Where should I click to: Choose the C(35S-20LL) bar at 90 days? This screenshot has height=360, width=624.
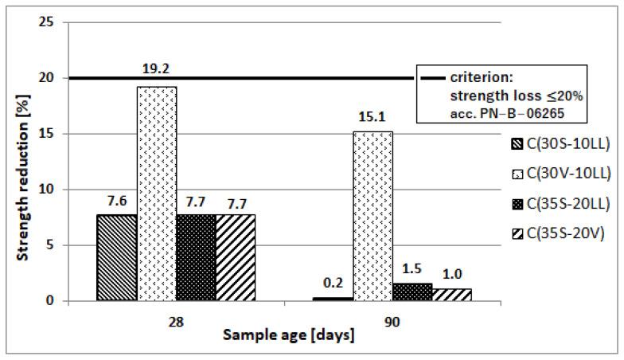411,292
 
